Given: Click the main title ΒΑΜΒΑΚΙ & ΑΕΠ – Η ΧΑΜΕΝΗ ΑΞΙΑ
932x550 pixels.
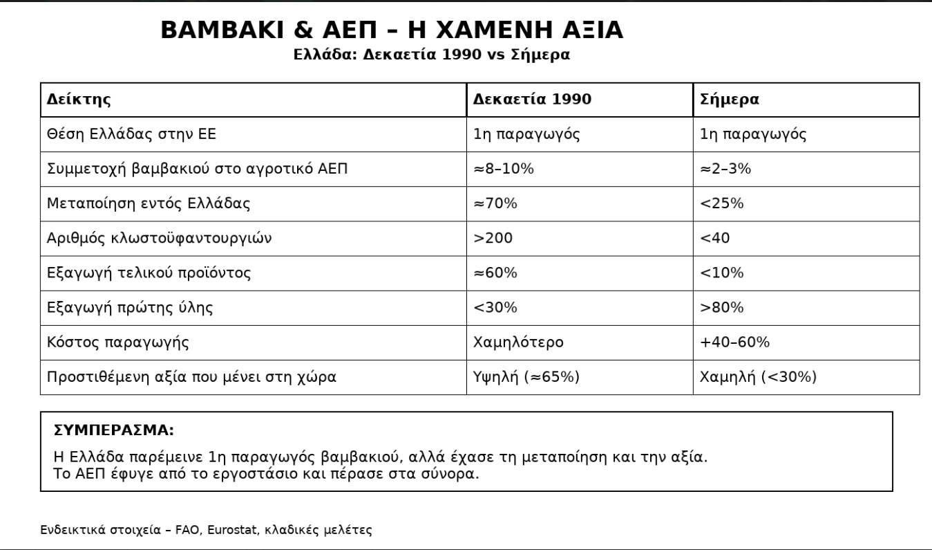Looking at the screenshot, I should [392, 30].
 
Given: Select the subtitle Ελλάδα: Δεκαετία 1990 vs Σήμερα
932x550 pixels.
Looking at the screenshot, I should [432, 55].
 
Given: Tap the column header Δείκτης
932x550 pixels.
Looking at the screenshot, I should [79, 100].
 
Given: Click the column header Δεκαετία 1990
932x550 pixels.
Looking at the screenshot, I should [532, 100].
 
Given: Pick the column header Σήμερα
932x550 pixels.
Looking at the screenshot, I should [730, 100].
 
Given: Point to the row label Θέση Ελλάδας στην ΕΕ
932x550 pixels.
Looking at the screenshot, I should [131, 134].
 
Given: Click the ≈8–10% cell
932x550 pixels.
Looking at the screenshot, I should [504, 169].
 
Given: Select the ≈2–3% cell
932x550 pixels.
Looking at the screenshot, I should [725, 169].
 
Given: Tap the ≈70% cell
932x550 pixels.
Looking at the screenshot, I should [495, 203].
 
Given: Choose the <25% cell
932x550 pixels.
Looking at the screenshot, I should [722, 203].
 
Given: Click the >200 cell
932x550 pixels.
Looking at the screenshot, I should [493, 238].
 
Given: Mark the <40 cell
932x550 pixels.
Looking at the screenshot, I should [715, 238].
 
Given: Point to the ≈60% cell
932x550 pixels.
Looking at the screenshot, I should [495, 273].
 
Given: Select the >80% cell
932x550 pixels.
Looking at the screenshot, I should [722, 307].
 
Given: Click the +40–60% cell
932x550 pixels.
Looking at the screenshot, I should [735, 342].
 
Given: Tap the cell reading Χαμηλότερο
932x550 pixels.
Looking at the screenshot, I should [519, 342].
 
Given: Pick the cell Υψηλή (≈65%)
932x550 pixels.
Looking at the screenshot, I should [526, 376].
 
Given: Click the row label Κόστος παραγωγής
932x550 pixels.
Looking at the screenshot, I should [118, 342].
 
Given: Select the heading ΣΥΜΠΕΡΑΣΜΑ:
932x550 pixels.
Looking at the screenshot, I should [113, 430].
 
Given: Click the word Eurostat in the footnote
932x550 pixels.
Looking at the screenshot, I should [233, 531].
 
